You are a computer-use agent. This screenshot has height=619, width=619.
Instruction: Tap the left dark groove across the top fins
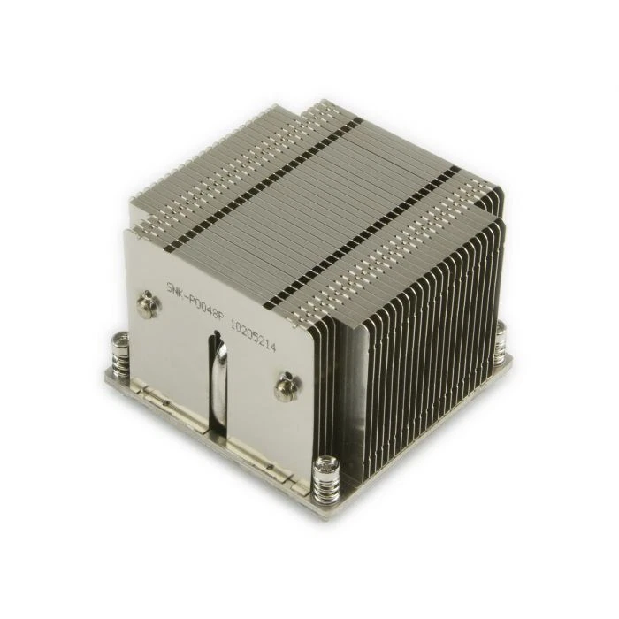click(x=265, y=159)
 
